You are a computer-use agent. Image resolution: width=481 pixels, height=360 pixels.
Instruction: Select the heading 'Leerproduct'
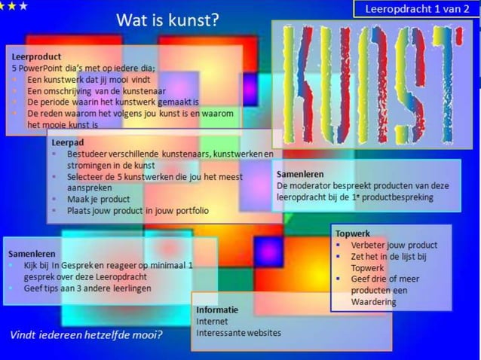point(36,56)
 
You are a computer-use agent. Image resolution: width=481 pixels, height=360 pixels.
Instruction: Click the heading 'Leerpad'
point(67,142)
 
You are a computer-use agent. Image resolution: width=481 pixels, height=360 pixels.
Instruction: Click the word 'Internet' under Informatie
point(212,321)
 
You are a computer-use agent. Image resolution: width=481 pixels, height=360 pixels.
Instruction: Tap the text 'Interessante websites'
point(238,332)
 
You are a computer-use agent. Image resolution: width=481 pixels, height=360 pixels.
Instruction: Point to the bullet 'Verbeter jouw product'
point(394,245)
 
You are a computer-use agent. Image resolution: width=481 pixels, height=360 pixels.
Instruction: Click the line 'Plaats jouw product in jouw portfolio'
point(138,211)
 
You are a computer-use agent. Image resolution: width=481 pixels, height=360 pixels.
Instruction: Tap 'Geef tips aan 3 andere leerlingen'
point(87,288)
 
